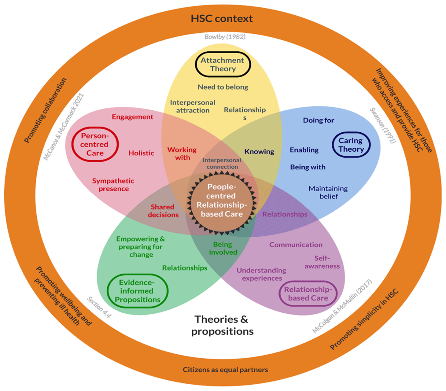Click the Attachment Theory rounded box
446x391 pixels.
[x=223, y=64]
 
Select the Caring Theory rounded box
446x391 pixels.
[x=350, y=145]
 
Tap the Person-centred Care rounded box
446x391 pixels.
[x=95, y=145]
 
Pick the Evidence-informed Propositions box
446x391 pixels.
[x=137, y=291]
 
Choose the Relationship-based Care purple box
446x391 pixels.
[x=308, y=294]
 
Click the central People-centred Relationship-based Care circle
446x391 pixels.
[x=222, y=200]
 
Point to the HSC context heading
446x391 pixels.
[x=222, y=19]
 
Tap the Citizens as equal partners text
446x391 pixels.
[x=225, y=369]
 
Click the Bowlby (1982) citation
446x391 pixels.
[x=225, y=37]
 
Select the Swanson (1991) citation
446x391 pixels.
[x=383, y=125]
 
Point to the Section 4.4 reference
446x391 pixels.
[x=99, y=307]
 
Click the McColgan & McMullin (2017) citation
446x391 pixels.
[x=342, y=307]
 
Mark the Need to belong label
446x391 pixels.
[x=223, y=87]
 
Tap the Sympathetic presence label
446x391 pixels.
[x=113, y=185]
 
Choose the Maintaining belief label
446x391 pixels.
[x=328, y=192]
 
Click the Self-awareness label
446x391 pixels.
[x=322, y=262]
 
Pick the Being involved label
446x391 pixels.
[x=223, y=248]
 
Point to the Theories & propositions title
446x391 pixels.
[x=222, y=325]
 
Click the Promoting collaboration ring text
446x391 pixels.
[x=45, y=110]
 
